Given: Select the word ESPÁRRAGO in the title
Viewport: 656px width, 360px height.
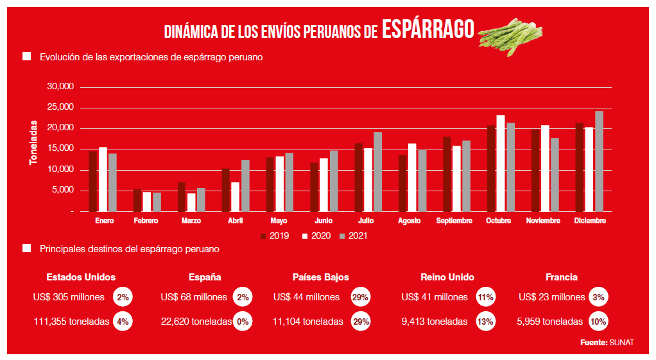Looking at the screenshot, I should tap(427, 29).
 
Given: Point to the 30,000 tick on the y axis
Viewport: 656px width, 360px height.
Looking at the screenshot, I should tap(61, 87).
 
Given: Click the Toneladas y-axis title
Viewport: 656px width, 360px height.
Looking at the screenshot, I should tap(33, 144).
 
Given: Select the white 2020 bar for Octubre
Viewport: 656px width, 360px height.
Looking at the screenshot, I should tap(501, 164).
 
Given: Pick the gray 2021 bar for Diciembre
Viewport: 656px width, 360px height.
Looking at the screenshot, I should tap(599, 162).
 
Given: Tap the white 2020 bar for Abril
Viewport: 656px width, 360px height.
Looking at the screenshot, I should tap(236, 197).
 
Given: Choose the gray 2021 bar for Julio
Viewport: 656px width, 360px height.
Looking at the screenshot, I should tap(378, 172).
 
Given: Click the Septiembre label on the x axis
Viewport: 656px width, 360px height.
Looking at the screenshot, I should tap(454, 221).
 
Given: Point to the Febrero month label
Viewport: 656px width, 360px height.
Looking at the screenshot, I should tap(147, 221).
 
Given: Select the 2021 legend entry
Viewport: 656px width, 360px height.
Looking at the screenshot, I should tap(356, 236).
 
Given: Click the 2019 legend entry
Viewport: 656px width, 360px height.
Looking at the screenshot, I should tap(275, 236).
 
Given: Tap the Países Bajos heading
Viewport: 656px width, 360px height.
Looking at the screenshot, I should tap(320, 277).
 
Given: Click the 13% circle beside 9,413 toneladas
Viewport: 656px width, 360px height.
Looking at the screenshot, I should tap(485, 321).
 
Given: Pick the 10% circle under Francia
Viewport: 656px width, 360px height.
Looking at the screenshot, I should tap(598, 321).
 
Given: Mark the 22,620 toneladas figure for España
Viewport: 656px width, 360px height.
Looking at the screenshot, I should tap(196, 321).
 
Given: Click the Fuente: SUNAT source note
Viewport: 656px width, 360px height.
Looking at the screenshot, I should tap(607, 343).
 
